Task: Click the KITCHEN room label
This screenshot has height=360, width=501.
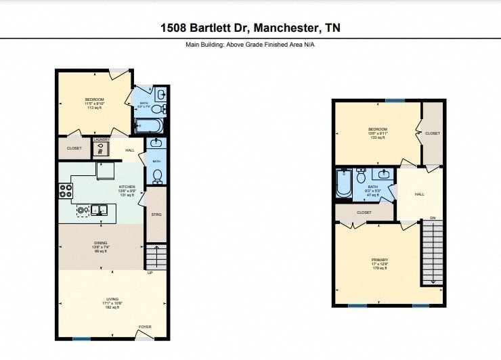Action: pos(127,187)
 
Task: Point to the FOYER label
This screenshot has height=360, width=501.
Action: pos(145,327)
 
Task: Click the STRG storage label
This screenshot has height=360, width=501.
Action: pos(156,215)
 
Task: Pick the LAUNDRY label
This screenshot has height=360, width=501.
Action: pos(102,139)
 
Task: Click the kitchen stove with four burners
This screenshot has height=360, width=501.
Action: pos(66,192)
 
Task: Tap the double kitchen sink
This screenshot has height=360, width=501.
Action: pos(100,210)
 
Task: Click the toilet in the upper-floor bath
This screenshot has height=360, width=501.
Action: pos(361,175)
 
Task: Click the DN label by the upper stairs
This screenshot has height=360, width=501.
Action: pos(432,217)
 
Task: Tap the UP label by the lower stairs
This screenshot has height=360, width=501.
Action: pos(150,273)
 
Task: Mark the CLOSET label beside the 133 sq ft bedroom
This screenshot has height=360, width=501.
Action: pos(432,133)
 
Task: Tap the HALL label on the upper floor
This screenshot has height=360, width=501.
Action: pos(419,194)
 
